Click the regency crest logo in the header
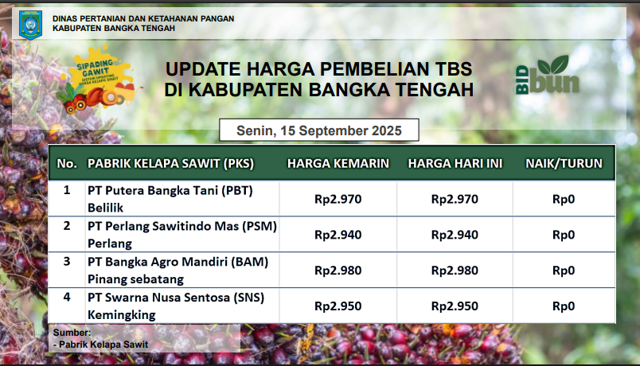pos(30,25)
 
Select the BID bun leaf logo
pos(548,75)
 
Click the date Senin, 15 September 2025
pos(319,130)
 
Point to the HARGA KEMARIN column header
pos(338,164)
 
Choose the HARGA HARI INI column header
pos(455,164)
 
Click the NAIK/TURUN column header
pos(564,164)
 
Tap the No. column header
pos(67,164)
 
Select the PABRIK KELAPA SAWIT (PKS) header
pos(170,164)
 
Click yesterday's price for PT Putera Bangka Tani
pos(338,199)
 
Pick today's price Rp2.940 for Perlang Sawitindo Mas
pos(455,235)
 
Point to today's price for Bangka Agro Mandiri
pos(455,271)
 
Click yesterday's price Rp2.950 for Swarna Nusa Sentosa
pos(338,306)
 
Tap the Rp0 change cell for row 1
pos(564,199)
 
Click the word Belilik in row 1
pos(105,208)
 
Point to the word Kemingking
pos(122,315)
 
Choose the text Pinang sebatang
pos(135,279)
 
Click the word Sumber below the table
pos(72,333)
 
